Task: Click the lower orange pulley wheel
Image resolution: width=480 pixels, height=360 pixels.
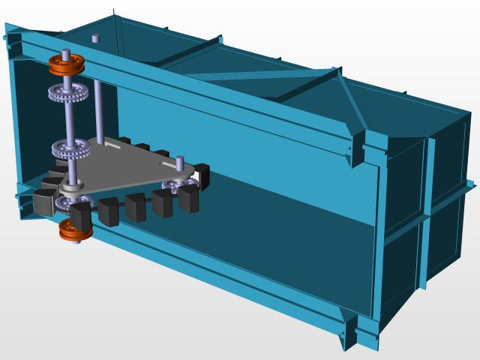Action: tap(75, 230)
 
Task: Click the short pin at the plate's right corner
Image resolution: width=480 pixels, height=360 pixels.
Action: tap(180, 162)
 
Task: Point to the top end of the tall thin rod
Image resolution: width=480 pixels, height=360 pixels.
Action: tap(95, 37)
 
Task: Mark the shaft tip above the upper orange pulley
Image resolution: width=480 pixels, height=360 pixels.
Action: tap(66, 52)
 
